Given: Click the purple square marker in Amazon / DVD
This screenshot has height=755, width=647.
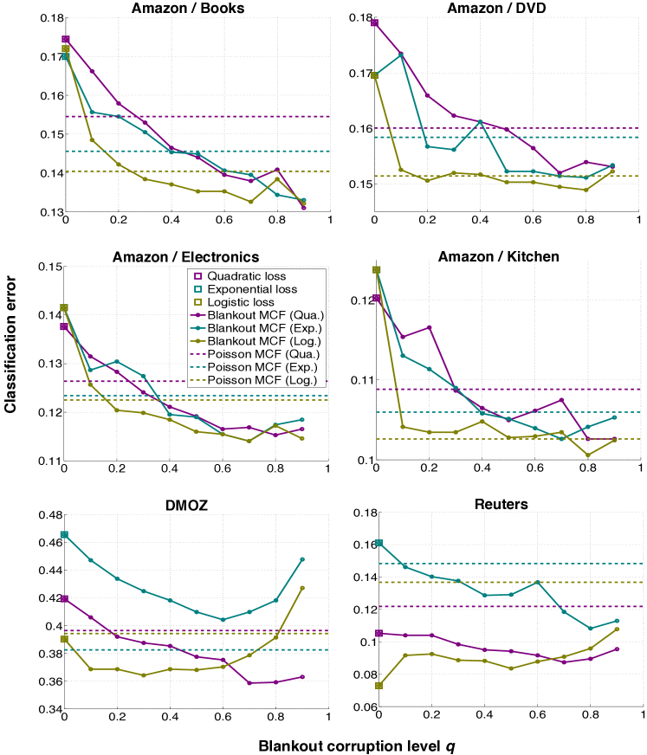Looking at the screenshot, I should [375, 23].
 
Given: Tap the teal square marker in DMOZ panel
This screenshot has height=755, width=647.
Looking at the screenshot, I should [63, 535].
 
